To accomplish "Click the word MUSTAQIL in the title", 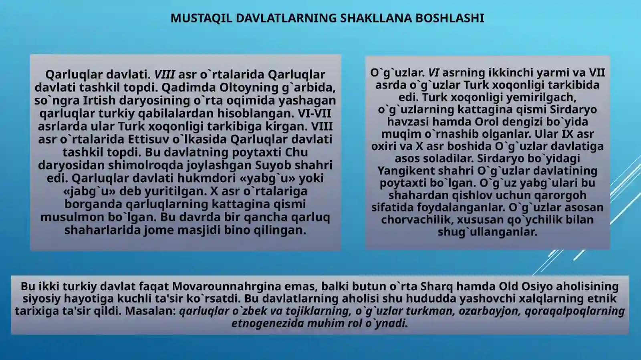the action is pyautogui.click(x=201, y=18).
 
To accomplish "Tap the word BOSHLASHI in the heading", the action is pyautogui.click(x=450, y=18).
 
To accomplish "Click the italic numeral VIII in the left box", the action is pyautogui.click(x=165, y=74).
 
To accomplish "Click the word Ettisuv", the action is pyautogui.click(x=149, y=139).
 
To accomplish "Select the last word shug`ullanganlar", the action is pyautogui.click(x=487, y=232).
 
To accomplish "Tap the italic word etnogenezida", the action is pyautogui.click(x=268, y=323).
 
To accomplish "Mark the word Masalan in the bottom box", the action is pyautogui.click(x=150, y=311).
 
